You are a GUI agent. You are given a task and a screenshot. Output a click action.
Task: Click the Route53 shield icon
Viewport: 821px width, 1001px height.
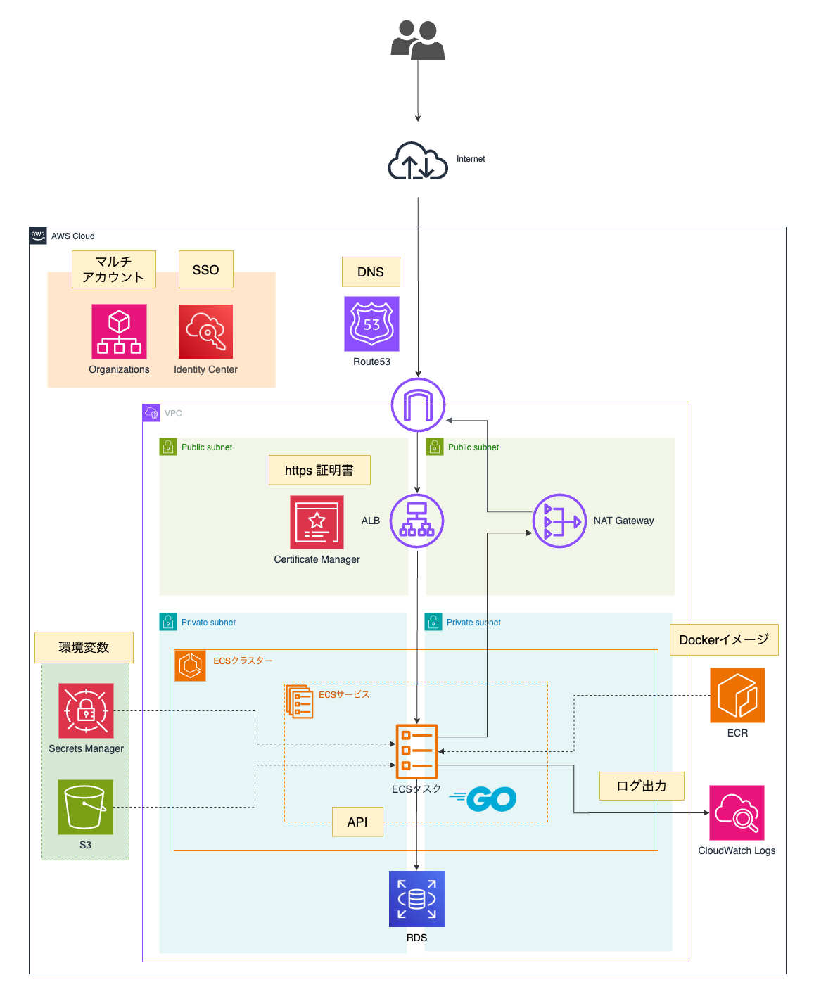371,324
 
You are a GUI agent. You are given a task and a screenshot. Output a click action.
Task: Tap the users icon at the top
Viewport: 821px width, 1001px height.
418,40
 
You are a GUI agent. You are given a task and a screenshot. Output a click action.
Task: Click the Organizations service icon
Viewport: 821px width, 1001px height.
119,331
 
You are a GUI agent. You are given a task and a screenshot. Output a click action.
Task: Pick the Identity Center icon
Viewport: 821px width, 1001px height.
205,331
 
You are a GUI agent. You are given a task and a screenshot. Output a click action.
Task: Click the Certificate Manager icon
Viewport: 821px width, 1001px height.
317,522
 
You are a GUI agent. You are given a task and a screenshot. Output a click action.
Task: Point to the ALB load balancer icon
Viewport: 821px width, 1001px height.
416,521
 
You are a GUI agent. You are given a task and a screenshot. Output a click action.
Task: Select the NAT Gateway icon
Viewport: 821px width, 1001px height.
559,521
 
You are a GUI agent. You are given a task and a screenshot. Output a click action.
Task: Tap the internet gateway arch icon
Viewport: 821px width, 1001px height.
418,404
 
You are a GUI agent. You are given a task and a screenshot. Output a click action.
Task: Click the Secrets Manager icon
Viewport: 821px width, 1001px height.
86,710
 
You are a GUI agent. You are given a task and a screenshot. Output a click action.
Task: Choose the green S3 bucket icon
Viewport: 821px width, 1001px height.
85,807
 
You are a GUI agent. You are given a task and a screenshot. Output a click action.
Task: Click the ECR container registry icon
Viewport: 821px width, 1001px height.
737,695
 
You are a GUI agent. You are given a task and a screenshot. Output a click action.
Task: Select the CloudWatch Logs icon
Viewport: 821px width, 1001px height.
737,812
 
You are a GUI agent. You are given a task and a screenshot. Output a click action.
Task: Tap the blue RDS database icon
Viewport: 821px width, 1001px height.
416,899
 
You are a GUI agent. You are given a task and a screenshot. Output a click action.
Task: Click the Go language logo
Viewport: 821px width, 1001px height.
485,798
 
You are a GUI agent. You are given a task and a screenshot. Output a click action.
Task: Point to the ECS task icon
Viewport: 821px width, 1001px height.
416,751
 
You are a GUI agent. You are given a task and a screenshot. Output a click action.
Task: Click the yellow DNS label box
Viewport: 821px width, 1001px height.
371,272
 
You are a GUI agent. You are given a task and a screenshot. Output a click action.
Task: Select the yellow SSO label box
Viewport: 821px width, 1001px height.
205,269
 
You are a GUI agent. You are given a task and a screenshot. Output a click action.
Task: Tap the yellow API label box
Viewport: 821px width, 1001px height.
357,822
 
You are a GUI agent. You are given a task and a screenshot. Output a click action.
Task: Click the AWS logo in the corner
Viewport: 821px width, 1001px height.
38,236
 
